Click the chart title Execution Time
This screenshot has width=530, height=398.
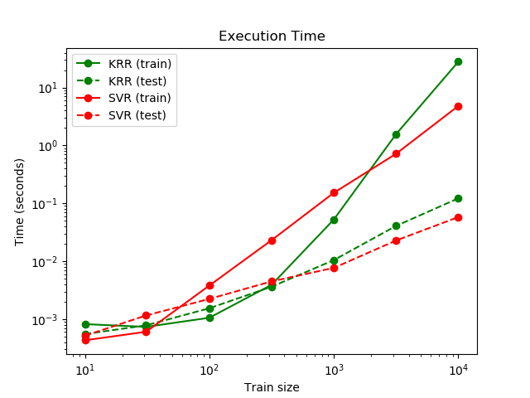272,36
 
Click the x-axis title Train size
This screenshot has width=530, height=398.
272,387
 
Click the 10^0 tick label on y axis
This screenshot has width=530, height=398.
50,146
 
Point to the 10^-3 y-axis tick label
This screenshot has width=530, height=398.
47,320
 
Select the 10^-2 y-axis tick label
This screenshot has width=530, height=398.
47,262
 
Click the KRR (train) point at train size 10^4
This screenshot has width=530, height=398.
458,61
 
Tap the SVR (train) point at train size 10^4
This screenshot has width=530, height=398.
458,106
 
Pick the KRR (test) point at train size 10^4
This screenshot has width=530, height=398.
458,198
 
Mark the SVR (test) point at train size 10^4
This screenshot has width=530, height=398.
458,217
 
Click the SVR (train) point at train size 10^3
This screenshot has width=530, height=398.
334,192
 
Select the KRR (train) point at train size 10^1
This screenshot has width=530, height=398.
85,324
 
